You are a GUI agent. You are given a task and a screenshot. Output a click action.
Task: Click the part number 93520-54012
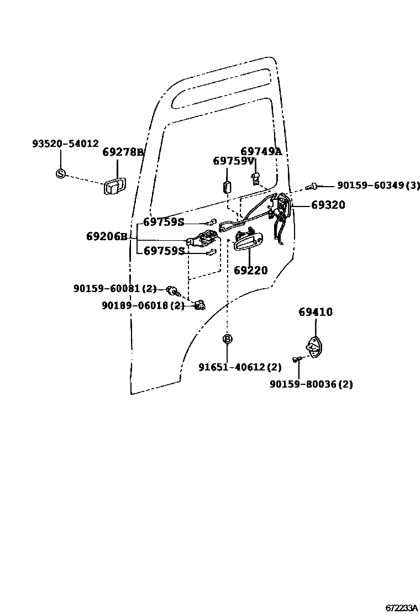click(65, 144)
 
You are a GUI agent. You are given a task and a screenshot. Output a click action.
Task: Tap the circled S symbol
click(61, 173)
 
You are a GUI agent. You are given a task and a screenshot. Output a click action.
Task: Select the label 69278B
click(123, 152)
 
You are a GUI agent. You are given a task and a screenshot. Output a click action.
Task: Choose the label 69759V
click(234, 161)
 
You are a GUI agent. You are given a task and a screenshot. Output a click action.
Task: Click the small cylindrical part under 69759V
click(227, 186)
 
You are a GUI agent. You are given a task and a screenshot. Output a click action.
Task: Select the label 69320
click(328, 205)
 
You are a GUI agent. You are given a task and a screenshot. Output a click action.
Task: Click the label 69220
click(250, 271)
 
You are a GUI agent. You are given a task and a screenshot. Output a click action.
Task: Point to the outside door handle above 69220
click(248, 241)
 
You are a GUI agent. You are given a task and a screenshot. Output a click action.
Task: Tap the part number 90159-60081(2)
click(115, 288)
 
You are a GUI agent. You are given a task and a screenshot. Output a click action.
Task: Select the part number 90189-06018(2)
click(143, 305)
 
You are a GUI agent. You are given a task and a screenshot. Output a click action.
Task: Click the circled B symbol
click(227, 339)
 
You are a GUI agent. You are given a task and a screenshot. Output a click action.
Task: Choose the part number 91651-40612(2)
click(240, 367)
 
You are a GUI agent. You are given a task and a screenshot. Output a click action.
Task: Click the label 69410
click(316, 313)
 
